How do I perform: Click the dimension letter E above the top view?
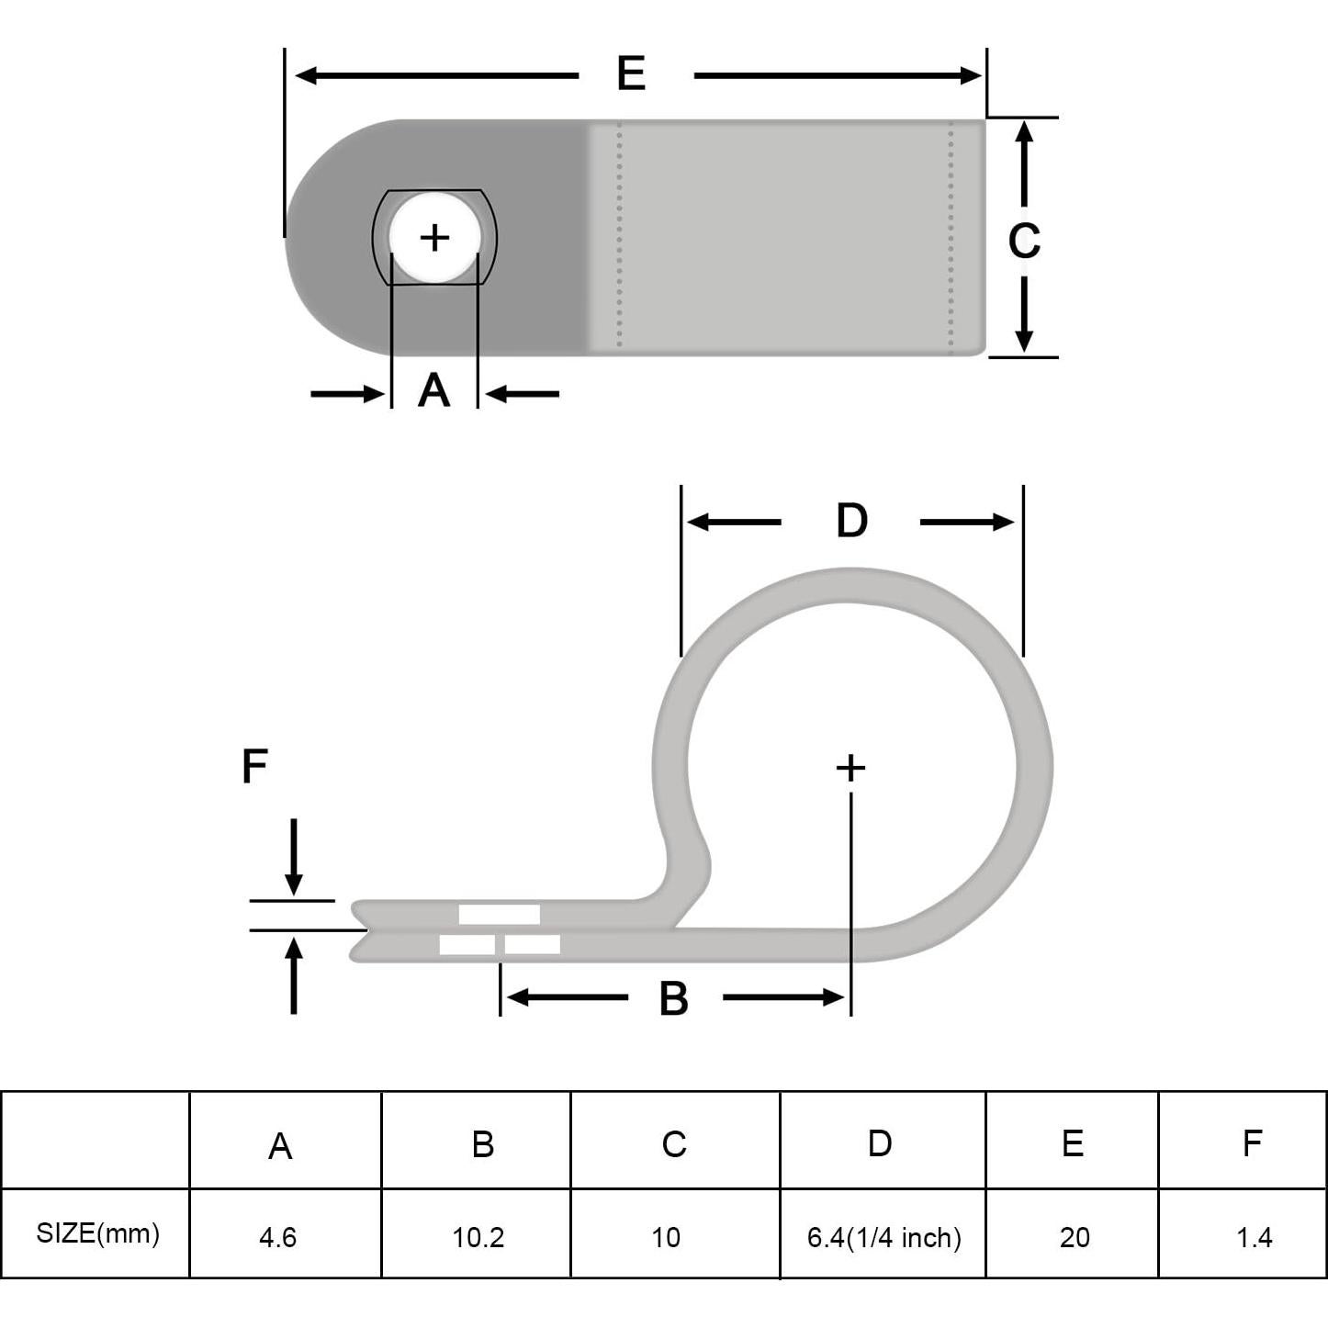[x=631, y=73]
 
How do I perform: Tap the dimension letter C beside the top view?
[x=1024, y=241]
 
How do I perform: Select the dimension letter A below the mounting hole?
[x=433, y=390]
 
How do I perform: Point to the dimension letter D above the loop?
[x=851, y=521]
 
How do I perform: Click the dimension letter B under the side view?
[x=673, y=998]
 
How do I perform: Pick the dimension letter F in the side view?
[x=254, y=766]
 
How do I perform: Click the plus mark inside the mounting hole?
[x=434, y=238]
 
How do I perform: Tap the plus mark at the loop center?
[x=851, y=768]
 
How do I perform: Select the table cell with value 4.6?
[x=277, y=1237]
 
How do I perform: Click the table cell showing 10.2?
[x=478, y=1237]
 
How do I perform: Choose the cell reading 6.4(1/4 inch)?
[x=883, y=1237]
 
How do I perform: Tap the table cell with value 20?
[x=1074, y=1237]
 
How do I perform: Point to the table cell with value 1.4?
[x=1254, y=1237]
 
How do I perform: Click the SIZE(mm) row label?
[x=97, y=1233]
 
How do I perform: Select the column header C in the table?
[x=674, y=1144]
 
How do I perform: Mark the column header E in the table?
[x=1073, y=1143]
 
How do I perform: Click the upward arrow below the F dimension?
[x=294, y=973]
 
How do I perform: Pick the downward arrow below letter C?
[x=1024, y=317]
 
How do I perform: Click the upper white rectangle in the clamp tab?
[x=499, y=914]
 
